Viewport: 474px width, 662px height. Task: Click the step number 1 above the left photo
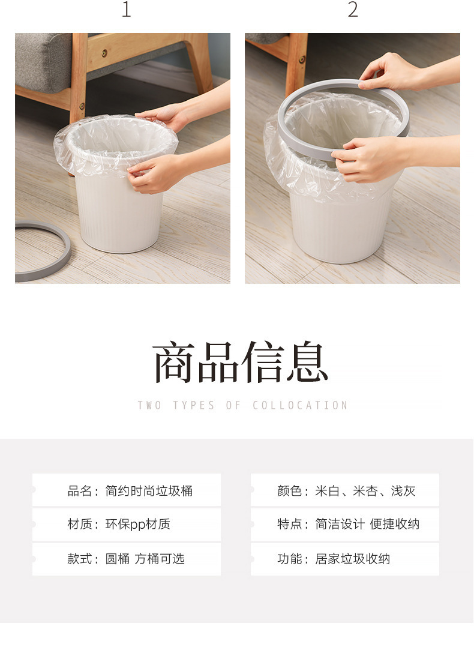click(x=126, y=10)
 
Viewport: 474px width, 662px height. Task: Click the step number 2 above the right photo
click(x=353, y=10)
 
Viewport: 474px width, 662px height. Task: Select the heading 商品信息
click(x=240, y=363)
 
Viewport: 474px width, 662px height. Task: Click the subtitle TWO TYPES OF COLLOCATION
click(x=242, y=406)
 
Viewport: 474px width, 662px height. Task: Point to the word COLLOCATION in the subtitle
click(x=300, y=406)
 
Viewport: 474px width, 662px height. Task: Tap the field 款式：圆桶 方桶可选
click(x=125, y=559)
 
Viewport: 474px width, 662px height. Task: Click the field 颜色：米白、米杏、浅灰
click(x=346, y=490)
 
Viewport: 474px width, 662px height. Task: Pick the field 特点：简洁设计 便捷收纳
click(x=348, y=524)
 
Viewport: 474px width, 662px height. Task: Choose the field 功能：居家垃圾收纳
click(x=333, y=559)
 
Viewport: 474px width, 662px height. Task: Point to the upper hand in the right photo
click(x=390, y=72)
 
